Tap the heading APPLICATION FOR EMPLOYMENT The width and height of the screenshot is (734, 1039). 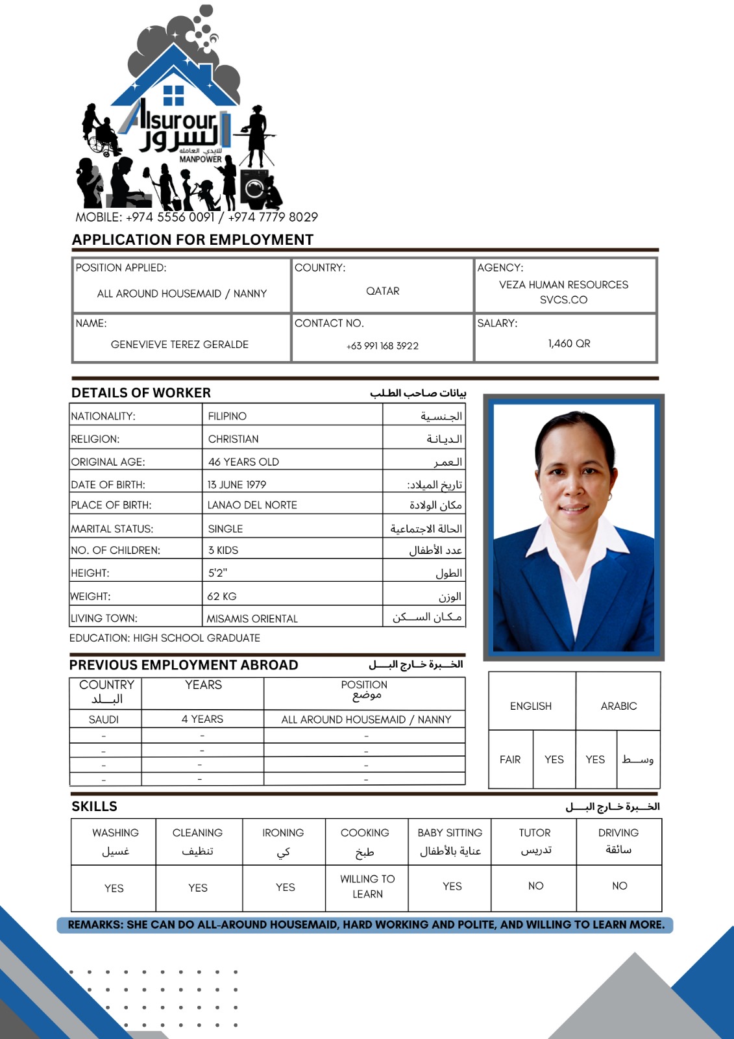coord(193,240)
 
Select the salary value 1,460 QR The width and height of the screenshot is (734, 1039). coord(569,344)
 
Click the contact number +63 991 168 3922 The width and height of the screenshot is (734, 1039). coord(382,346)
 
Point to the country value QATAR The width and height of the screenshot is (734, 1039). coord(382,291)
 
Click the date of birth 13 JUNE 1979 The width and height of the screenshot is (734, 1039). coord(237,484)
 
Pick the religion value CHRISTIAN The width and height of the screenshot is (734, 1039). coord(233,439)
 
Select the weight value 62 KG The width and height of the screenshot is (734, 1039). coord(222,596)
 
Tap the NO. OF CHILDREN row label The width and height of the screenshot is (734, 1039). coord(116,550)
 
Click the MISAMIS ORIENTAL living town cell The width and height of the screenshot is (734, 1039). coord(252,619)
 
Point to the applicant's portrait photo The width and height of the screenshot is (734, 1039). coord(574,527)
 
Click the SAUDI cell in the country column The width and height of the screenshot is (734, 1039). coord(104,720)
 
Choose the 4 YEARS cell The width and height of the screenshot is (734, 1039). coord(202,719)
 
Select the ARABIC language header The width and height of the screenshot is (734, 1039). coord(618,706)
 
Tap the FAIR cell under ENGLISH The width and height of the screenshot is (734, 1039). coord(510,759)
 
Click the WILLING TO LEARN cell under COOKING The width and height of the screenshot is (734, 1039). coord(367,886)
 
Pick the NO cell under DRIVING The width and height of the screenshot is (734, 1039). coord(620,886)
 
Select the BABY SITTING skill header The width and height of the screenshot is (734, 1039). coord(450,832)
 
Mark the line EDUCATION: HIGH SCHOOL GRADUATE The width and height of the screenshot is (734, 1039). coord(165,638)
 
